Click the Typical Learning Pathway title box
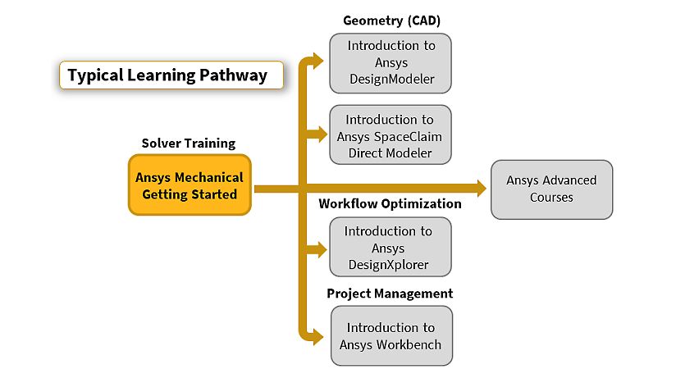(171, 75)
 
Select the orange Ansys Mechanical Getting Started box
(190, 185)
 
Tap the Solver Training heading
(189, 143)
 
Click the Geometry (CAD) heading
(391, 20)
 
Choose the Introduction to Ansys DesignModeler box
(391, 63)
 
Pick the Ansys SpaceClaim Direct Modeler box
(391, 135)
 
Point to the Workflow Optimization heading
(390, 203)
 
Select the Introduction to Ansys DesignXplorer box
(391, 247)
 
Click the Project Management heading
(390, 294)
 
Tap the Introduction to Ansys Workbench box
(391, 335)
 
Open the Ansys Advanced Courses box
(551, 189)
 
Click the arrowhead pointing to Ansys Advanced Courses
(481, 189)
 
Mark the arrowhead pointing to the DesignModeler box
(318, 61)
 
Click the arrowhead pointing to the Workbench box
(318, 337)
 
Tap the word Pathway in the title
(233, 75)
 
